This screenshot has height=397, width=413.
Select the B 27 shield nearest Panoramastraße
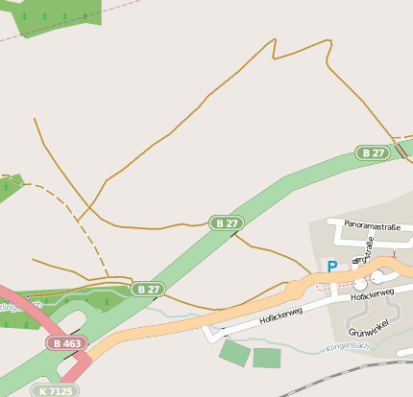pyautogui.click(x=374, y=152)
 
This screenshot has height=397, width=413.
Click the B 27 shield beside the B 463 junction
pyautogui.click(x=148, y=289)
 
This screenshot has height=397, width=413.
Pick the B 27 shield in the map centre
pyautogui.click(x=227, y=223)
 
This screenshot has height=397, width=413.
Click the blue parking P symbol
pyautogui.click(x=332, y=268)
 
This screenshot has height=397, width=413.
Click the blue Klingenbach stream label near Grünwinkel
pyautogui.click(x=348, y=345)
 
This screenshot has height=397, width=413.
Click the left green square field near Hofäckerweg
pyautogui.click(x=233, y=351)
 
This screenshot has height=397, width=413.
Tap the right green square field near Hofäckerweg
pyautogui.click(x=266, y=358)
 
